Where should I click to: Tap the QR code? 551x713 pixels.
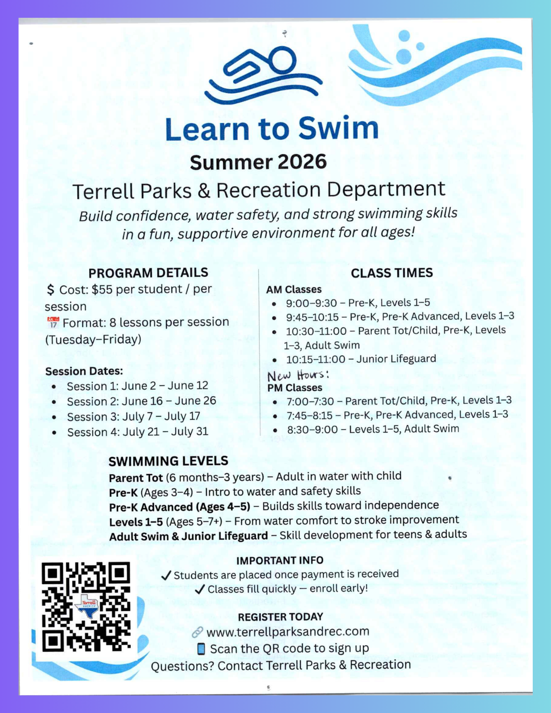click(86, 607)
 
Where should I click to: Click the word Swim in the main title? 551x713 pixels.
click(338, 128)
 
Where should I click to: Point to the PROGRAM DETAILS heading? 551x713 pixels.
click(148, 273)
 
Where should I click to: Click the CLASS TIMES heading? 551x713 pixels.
click(391, 273)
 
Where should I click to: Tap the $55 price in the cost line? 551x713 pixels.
click(102, 290)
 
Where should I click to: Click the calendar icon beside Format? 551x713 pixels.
click(53, 322)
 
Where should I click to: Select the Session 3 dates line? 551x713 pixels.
click(133, 417)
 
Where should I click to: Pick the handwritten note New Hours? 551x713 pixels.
click(298, 375)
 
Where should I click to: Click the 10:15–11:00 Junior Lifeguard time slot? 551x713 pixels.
click(361, 359)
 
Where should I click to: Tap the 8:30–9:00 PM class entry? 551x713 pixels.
click(373, 429)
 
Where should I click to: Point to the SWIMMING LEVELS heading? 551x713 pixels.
click(168, 461)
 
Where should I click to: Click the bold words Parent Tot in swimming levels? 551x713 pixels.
click(136, 478)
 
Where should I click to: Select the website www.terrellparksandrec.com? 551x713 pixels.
click(288, 631)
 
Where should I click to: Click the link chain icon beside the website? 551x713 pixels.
click(197, 632)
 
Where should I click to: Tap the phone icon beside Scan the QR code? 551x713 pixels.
click(201, 649)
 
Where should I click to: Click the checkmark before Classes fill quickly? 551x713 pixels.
click(200, 590)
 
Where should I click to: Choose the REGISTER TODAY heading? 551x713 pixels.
click(280, 617)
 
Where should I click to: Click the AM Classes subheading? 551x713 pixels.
click(294, 290)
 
